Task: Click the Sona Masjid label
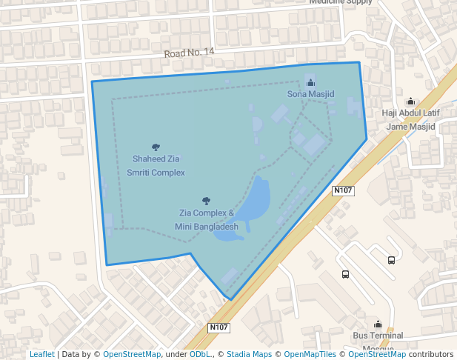click(x=311, y=95)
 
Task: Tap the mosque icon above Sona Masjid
click(x=310, y=82)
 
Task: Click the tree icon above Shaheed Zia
click(x=156, y=147)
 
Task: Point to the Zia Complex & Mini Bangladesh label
click(x=206, y=219)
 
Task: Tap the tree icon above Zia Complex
click(x=206, y=201)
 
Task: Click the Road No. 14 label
click(x=189, y=53)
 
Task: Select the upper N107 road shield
click(x=344, y=190)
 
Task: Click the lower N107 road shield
click(x=219, y=327)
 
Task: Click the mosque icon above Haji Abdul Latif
click(x=410, y=101)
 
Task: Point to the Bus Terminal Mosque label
click(x=378, y=341)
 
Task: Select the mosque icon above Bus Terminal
click(x=378, y=324)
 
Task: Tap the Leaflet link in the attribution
click(x=41, y=355)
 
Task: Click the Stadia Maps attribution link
click(x=249, y=355)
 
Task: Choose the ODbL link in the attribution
click(x=200, y=355)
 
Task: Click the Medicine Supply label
click(x=341, y=2)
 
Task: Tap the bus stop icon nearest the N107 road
click(x=345, y=274)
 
